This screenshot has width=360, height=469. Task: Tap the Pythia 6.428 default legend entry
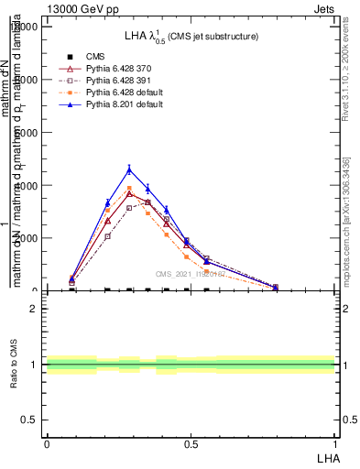pos(125,93)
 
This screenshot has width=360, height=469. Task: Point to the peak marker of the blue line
pos(129,169)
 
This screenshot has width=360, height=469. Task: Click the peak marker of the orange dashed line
pos(129,189)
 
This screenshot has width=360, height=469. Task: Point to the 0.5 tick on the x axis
pos(190,443)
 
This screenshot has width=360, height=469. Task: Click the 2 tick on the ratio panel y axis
pos(35,309)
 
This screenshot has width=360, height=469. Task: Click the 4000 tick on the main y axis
pos(26,185)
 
